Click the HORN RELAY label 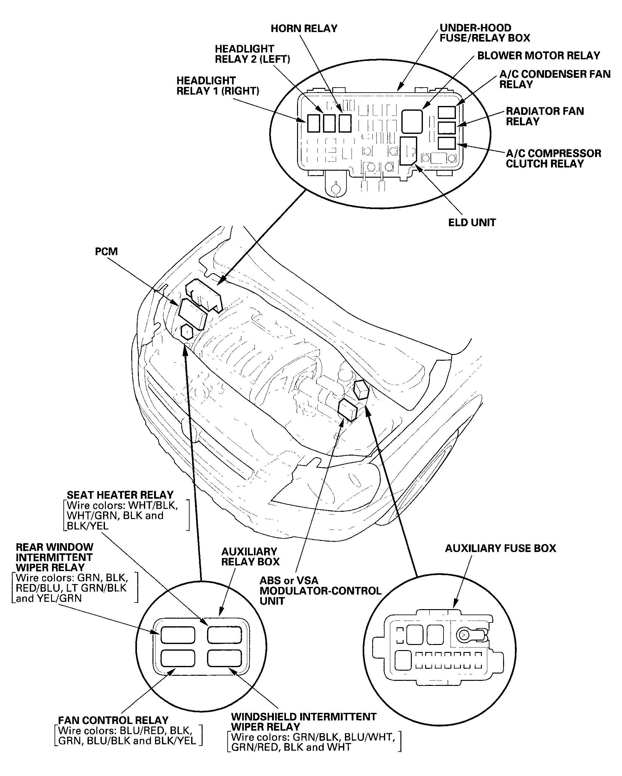coord(304,29)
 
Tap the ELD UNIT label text coord(472,222)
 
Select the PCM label coord(106,251)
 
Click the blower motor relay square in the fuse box coord(412,122)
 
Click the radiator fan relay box coord(447,128)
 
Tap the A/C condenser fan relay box coord(447,112)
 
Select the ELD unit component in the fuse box coord(408,150)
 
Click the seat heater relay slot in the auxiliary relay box coord(224,635)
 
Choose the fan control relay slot coord(178,658)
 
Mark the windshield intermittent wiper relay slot coord(224,658)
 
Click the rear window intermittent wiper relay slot coord(178,635)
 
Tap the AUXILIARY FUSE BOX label coord(500,548)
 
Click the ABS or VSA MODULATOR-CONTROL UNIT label coord(320,591)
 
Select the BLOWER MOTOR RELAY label coord(539,56)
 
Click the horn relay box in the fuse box coord(345,123)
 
